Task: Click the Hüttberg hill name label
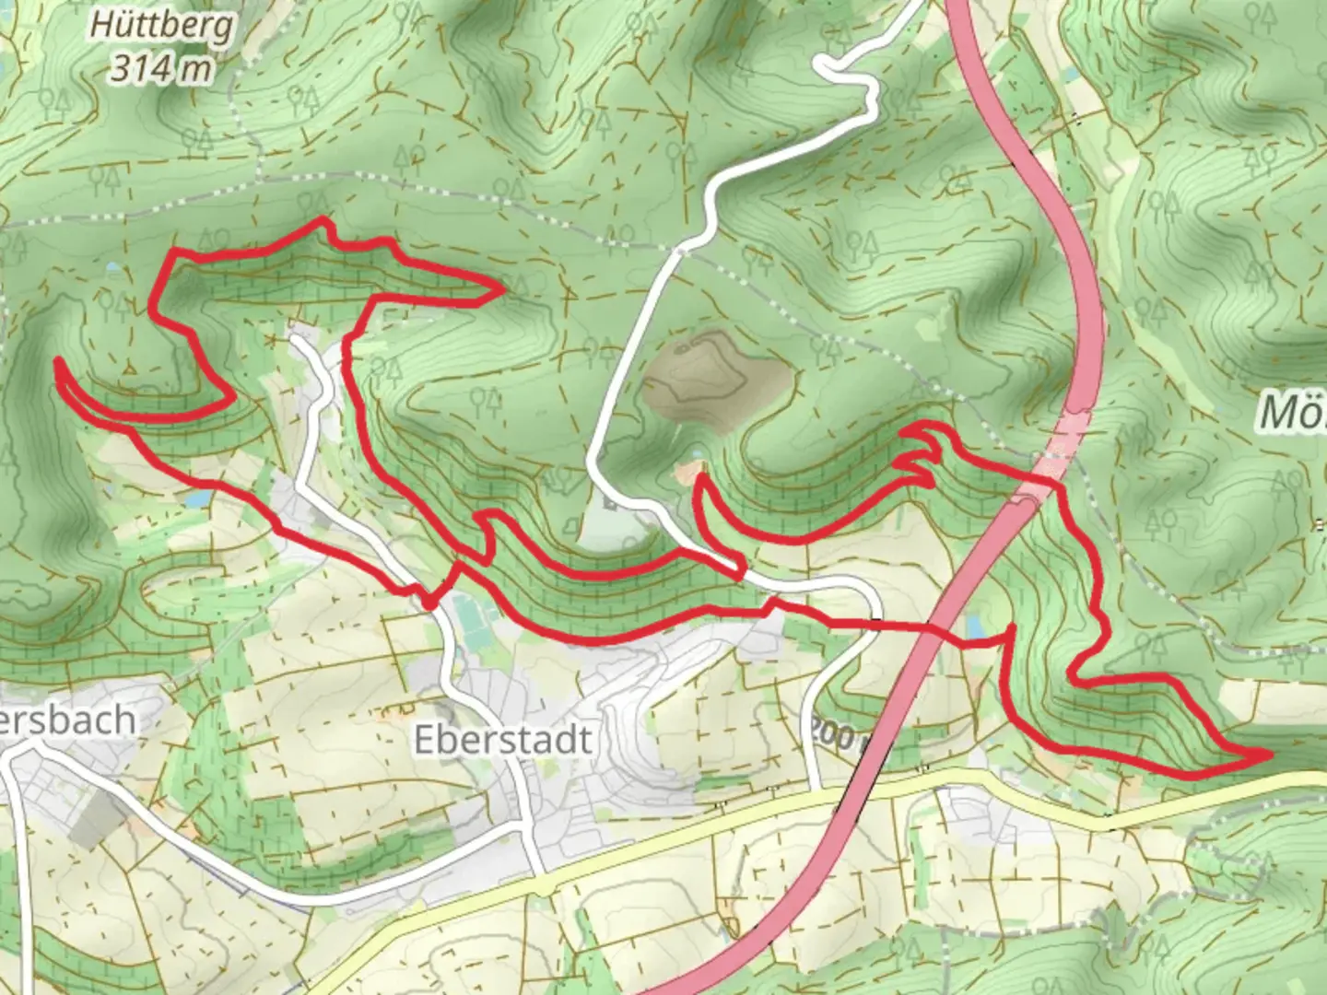click(161, 25)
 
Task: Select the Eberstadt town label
click(502, 740)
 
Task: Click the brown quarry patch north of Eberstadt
click(715, 378)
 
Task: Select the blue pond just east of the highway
click(975, 626)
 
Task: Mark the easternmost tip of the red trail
click(1270, 755)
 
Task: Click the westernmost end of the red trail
click(58, 362)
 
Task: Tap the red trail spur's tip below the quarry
click(700, 476)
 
